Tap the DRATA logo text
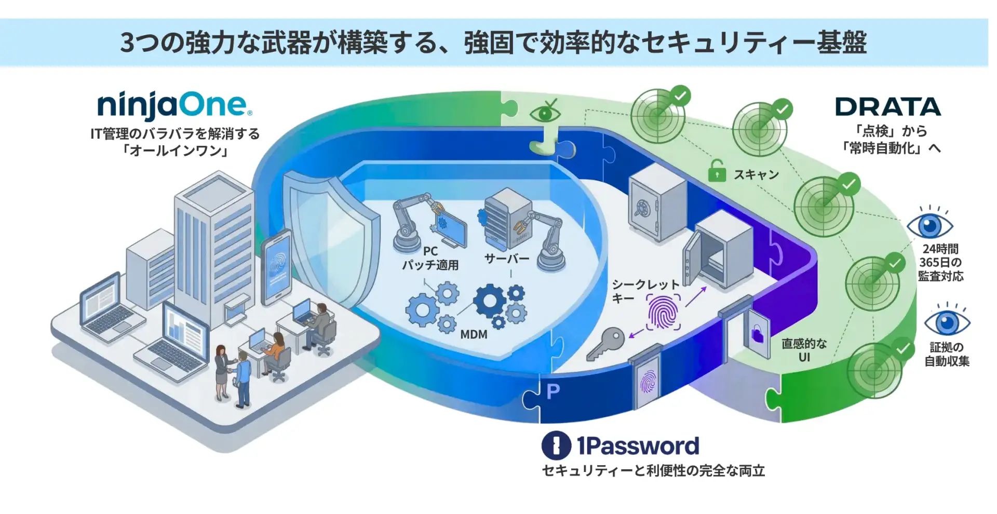888,107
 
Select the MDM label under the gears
474,334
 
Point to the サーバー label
506,259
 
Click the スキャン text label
756,174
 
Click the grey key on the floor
605,344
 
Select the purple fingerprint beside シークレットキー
664,312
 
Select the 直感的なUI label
804,350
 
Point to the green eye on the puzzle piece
545,114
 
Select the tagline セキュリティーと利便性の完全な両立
654,471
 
